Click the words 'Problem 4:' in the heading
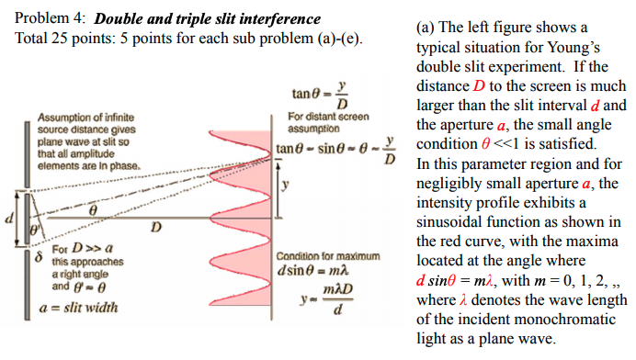click(51, 18)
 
